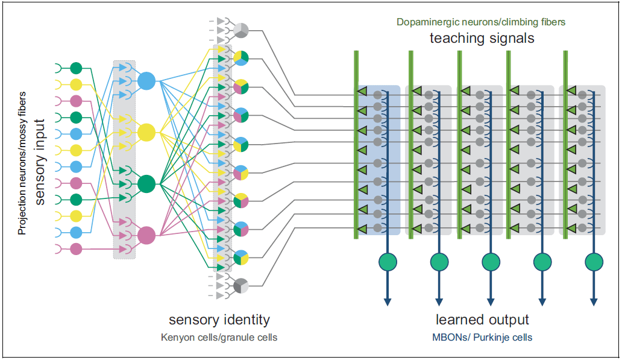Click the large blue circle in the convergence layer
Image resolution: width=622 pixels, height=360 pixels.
(146, 80)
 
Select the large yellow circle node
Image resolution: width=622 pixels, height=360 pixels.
(146, 131)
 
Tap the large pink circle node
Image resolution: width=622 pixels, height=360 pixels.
(146, 235)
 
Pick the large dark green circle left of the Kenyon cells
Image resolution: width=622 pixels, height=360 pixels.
(146, 183)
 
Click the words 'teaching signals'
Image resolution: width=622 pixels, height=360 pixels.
(482, 39)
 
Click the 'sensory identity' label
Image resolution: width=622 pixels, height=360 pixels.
(219, 320)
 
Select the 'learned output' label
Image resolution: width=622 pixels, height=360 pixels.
(482, 320)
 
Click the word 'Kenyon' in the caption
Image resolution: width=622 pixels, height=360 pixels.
(175, 337)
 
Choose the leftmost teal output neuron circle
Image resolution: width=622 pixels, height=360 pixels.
(388, 262)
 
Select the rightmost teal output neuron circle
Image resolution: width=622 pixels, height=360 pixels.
(594, 262)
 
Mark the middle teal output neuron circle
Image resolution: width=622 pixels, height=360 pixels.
(491, 262)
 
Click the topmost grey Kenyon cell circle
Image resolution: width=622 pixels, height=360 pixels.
(240, 30)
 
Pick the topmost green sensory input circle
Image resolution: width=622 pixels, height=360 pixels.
(76, 68)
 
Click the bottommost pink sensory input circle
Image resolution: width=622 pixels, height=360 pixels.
(76, 248)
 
